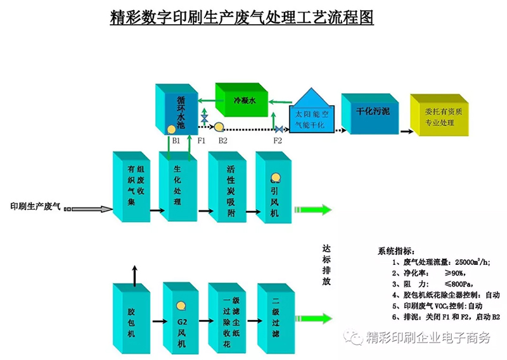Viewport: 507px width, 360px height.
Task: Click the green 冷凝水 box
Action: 241,100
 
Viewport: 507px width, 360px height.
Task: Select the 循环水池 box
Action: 177,109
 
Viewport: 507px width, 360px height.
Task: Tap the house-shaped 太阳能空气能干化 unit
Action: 311,111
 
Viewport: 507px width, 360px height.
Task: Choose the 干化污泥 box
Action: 370,113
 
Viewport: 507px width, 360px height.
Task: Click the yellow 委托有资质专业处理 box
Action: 439,115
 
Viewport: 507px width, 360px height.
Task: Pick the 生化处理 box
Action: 178,186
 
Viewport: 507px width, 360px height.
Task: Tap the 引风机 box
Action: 274,187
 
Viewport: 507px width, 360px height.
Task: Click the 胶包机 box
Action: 131,318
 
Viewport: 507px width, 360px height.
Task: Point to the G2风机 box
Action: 181,318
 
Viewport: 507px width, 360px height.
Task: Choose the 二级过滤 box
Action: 276,318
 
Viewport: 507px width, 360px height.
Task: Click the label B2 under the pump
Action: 223,141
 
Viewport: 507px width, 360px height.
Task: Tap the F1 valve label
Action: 202,141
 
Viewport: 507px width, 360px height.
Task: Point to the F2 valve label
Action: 278,141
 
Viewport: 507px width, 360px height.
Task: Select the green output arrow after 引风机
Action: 313,210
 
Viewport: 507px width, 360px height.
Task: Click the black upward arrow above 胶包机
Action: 135,276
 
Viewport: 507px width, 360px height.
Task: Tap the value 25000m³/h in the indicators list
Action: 472,262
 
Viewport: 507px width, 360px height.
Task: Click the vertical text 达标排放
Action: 326,265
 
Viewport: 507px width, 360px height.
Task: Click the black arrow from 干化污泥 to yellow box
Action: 407,131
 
